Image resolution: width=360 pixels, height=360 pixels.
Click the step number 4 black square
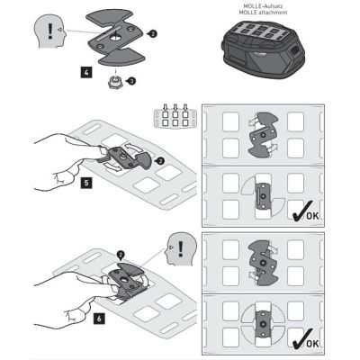pyautogui.click(x=86, y=72)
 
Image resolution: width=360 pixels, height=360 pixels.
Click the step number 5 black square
pyautogui.click(x=86, y=183)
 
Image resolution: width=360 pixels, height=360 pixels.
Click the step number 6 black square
pyautogui.click(x=99, y=319)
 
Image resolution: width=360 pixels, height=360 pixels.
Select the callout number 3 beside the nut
pyautogui.click(x=132, y=81)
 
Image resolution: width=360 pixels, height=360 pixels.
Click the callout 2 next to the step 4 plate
pyautogui.click(x=153, y=34)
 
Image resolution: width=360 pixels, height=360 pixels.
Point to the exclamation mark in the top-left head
pyautogui.click(x=50, y=31)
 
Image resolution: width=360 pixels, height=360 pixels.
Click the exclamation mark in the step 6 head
pyautogui.click(x=180, y=248)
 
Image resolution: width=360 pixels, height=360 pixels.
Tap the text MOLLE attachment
pyautogui.click(x=263, y=13)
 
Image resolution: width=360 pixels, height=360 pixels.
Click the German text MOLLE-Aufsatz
pyautogui.click(x=263, y=5)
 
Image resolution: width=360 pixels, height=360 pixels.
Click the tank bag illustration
pyautogui.click(x=263, y=50)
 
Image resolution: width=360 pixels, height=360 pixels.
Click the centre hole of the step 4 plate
pyautogui.click(x=115, y=38)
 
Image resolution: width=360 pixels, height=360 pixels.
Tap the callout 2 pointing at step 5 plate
pyautogui.click(x=161, y=161)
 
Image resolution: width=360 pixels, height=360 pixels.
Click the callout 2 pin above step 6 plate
pyautogui.click(x=121, y=256)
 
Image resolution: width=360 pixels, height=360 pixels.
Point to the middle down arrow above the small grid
pyautogui.click(x=175, y=107)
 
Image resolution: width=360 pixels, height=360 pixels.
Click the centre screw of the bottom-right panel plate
pyautogui.click(x=264, y=324)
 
